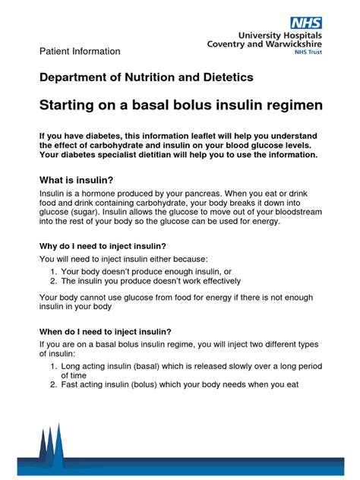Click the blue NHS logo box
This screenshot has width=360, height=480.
click(x=308, y=24)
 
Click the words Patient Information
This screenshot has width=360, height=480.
click(x=80, y=52)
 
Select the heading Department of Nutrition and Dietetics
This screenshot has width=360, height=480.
click(x=147, y=77)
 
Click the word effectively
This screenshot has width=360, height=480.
click(x=198, y=280)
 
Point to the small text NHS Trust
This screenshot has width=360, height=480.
click(x=307, y=55)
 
